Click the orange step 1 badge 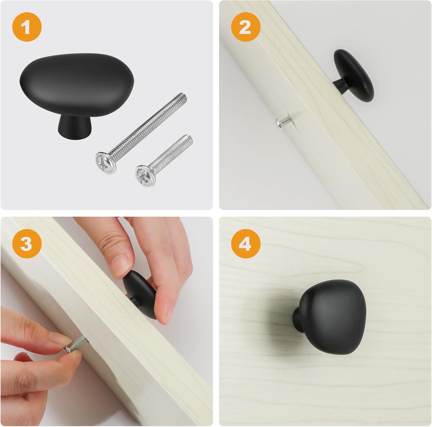click(x=27, y=28)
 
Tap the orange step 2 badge click(x=246, y=28)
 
